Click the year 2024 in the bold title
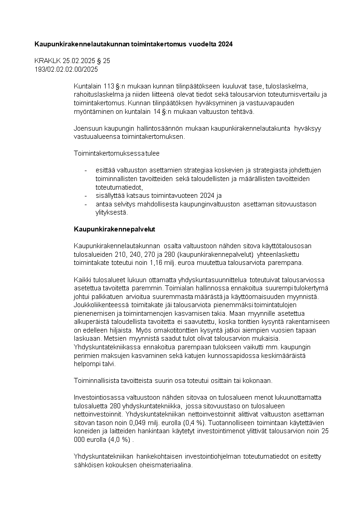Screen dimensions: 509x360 coord(226,44)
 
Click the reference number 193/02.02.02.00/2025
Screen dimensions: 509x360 coord(66,69)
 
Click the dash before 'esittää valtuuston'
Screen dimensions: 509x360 coord(86,170)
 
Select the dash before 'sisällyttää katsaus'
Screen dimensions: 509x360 coord(86,196)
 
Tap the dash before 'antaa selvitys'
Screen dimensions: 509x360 coord(86,204)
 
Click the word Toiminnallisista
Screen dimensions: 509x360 coord(96,380)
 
